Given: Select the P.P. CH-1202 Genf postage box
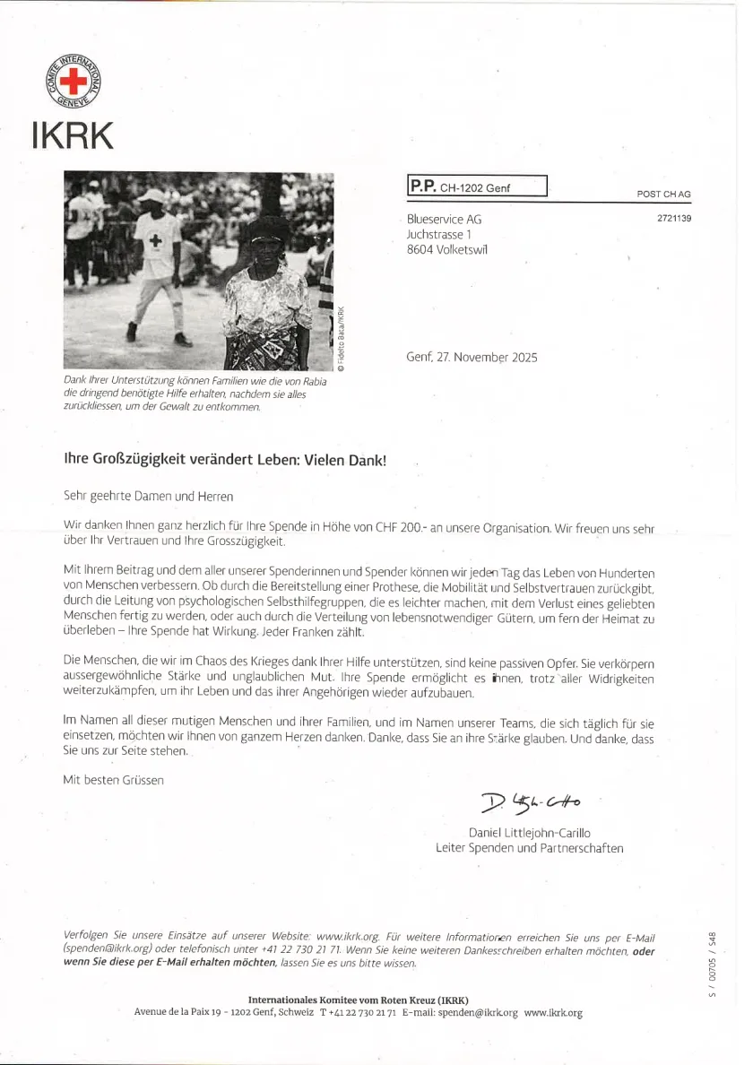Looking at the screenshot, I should coord(477,186).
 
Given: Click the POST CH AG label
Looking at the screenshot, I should coord(663,195).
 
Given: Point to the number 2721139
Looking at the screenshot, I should coord(674,218).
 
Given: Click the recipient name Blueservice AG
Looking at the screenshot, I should coord(444,219).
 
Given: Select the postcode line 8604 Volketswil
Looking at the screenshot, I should coord(447,250).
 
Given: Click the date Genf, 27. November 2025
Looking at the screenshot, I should coord(472,357).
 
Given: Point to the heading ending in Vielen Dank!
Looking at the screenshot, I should coord(225,458).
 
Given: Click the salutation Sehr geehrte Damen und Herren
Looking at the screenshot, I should coord(148,495).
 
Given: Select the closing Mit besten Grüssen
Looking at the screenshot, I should coord(113,780).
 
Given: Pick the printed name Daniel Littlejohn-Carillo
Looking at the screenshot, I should coord(529,833).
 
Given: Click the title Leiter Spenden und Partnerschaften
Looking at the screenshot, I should coord(529,848).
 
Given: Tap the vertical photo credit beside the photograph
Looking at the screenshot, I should coord(341,339).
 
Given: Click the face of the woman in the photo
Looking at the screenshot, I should coord(268,243).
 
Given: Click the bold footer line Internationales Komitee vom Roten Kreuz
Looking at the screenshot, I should coord(358,1000).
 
